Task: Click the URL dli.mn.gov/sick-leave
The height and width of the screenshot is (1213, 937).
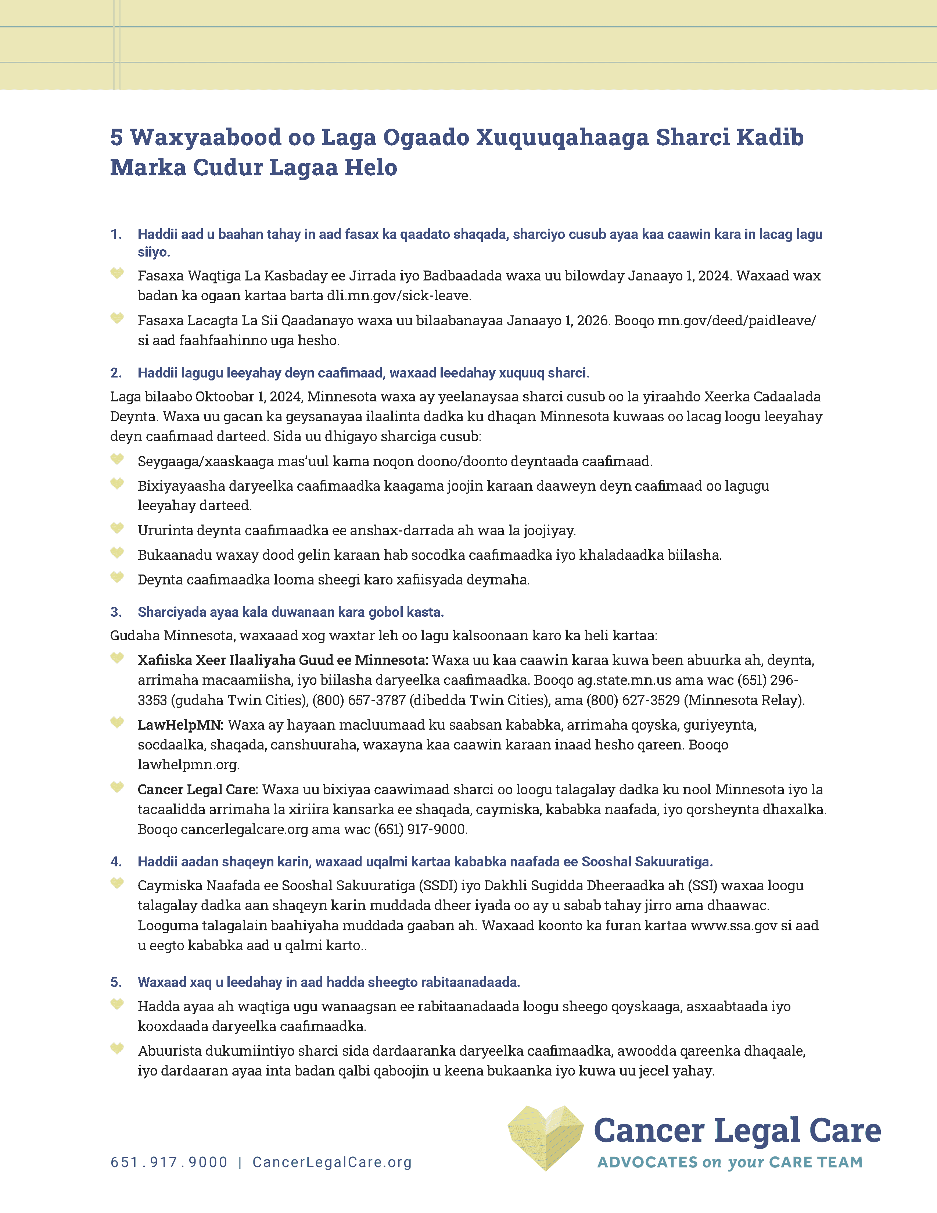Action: [399, 296]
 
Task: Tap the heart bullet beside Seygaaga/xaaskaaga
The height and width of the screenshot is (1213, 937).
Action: [116, 459]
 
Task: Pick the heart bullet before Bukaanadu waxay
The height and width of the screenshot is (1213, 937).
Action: [116, 553]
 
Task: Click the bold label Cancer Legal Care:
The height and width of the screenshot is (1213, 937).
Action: [198, 789]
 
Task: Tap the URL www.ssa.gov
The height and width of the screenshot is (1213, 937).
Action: [733, 925]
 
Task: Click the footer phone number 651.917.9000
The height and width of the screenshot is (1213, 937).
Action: [169, 1162]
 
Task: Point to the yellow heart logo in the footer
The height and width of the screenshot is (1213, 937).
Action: [546, 1137]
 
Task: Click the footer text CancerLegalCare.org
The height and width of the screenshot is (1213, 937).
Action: [332, 1162]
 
